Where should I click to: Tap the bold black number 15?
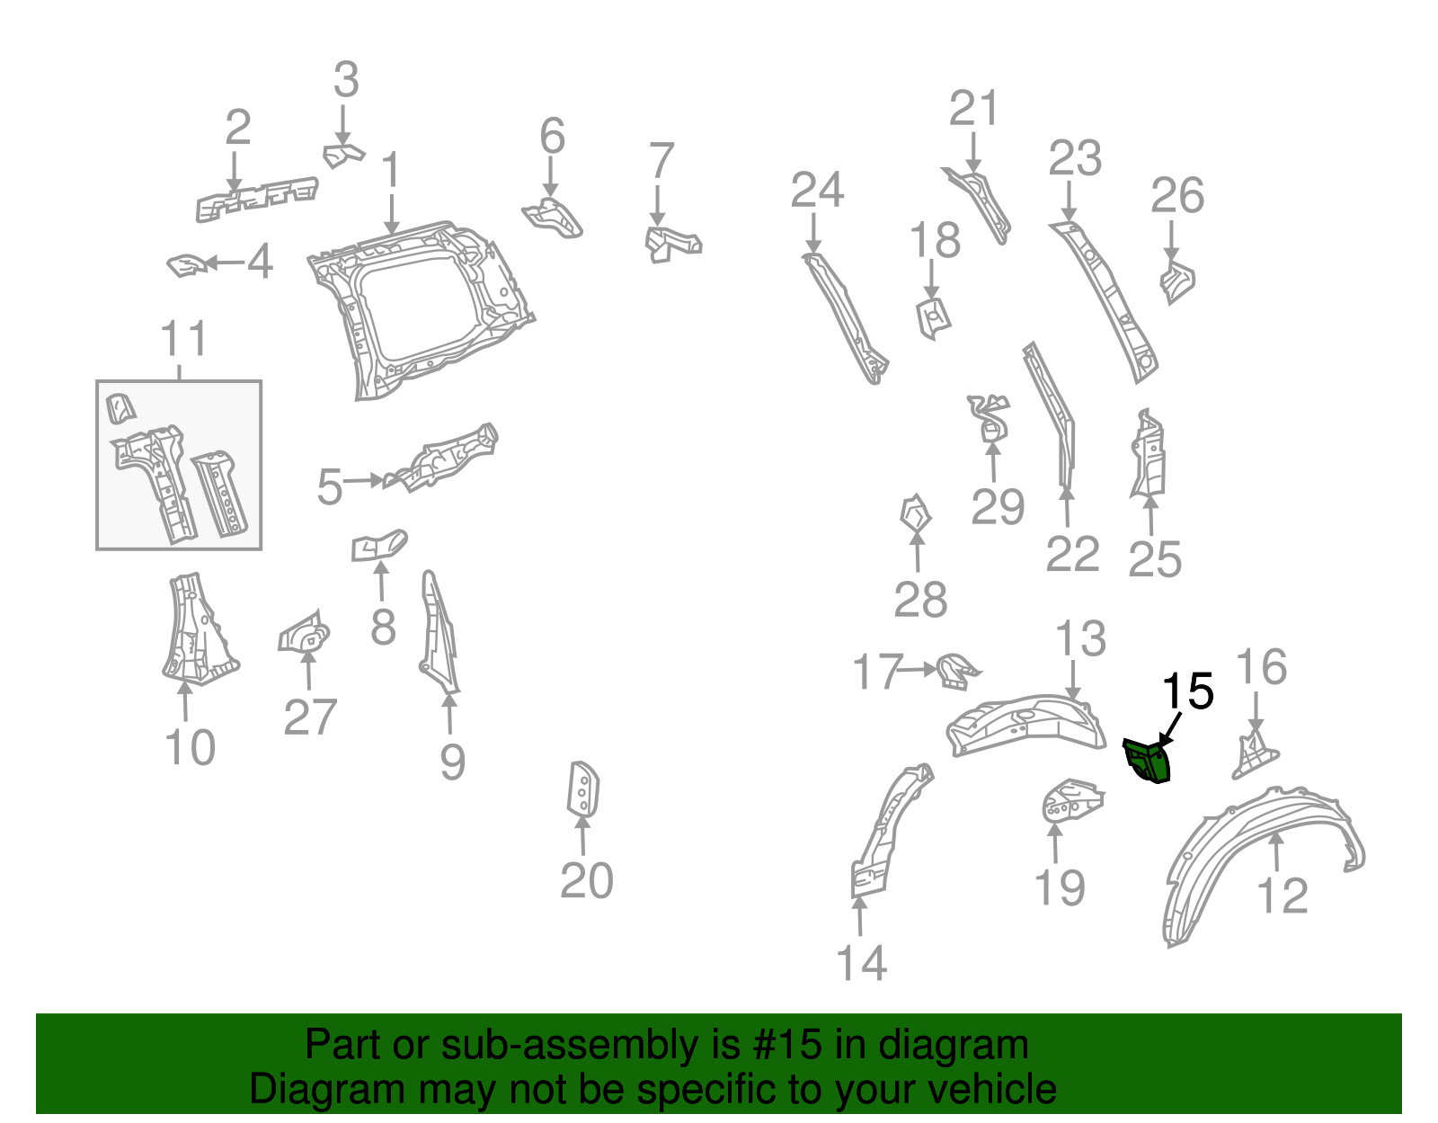click(1188, 692)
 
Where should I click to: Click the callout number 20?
click(586, 880)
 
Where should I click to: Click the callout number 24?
click(817, 190)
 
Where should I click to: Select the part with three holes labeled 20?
click(583, 789)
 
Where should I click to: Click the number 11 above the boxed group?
click(183, 340)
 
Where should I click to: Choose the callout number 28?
click(919, 600)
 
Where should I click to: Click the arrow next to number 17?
click(919, 669)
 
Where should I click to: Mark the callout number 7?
click(661, 161)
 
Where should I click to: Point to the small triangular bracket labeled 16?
click(1253, 754)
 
